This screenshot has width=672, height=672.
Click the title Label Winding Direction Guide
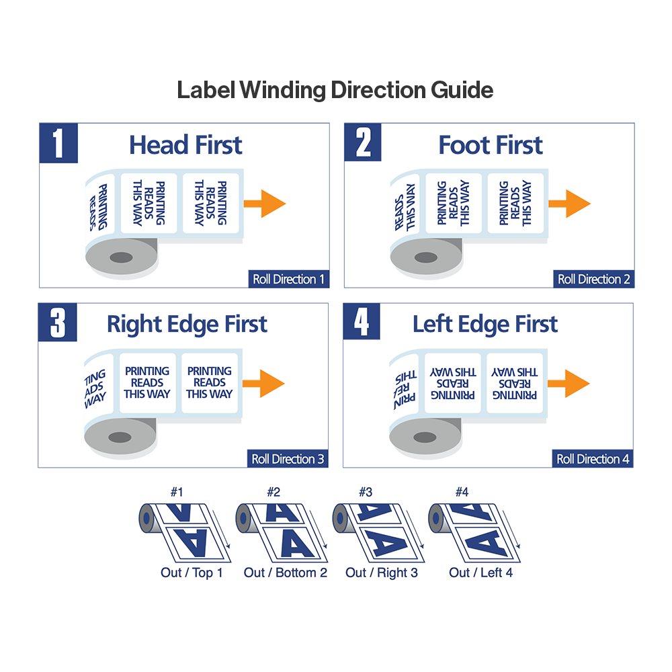(x=335, y=90)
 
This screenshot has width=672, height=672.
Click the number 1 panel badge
(x=58, y=143)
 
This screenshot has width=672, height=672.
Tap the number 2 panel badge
(x=363, y=143)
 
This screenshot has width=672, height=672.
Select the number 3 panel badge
(x=58, y=323)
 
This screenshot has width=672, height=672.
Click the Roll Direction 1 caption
(x=288, y=280)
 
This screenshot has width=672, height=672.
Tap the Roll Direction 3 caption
(x=288, y=460)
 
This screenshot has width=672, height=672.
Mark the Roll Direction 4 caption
(x=593, y=460)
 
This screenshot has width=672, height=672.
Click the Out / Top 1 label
(x=192, y=573)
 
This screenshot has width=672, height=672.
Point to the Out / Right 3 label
(x=382, y=573)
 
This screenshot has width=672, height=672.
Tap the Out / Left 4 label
(x=481, y=573)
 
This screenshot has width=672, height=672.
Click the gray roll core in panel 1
(x=121, y=257)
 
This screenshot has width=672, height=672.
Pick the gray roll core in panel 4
(x=425, y=437)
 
